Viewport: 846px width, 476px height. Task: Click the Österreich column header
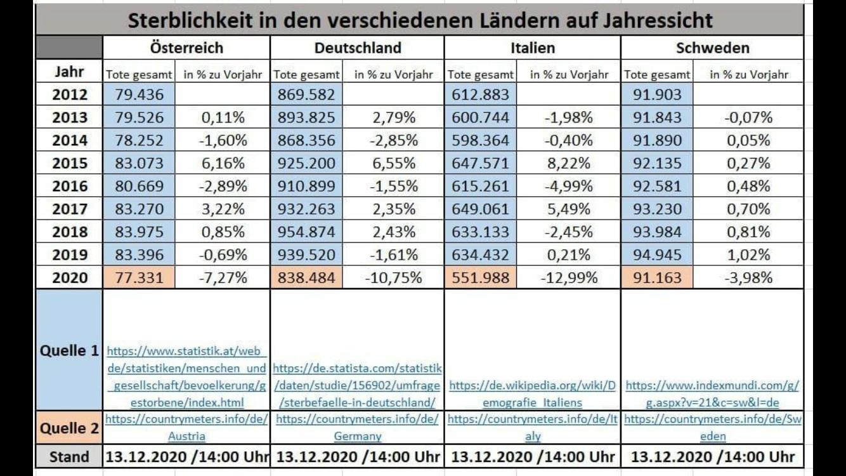click(186, 48)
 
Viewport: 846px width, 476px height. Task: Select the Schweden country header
click(712, 48)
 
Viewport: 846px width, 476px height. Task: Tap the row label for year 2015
click(69, 163)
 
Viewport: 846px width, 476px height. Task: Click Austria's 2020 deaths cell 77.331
click(139, 277)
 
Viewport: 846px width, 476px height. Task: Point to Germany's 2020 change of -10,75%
click(393, 277)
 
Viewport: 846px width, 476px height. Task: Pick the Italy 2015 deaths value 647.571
click(480, 163)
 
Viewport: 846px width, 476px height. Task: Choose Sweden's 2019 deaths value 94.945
click(656, 255)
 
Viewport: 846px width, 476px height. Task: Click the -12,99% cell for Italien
click(568, 277)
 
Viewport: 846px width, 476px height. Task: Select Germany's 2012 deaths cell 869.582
click(308, 95)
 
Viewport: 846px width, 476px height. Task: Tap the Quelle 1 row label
click(69, 350)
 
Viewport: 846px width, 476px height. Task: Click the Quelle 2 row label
click(69, 428)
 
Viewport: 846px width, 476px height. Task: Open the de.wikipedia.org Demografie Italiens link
click(532, 393)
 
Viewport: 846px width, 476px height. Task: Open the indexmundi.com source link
click(712, 393)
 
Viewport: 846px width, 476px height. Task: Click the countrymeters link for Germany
click(357, 427)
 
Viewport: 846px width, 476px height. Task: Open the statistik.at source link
click(186, 376)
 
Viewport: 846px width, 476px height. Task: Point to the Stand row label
click(69, 456)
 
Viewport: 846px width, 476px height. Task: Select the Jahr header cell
click(69, 71)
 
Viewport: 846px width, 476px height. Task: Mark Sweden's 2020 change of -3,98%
click(748, 277)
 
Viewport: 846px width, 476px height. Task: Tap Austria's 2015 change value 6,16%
click(222, 163)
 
